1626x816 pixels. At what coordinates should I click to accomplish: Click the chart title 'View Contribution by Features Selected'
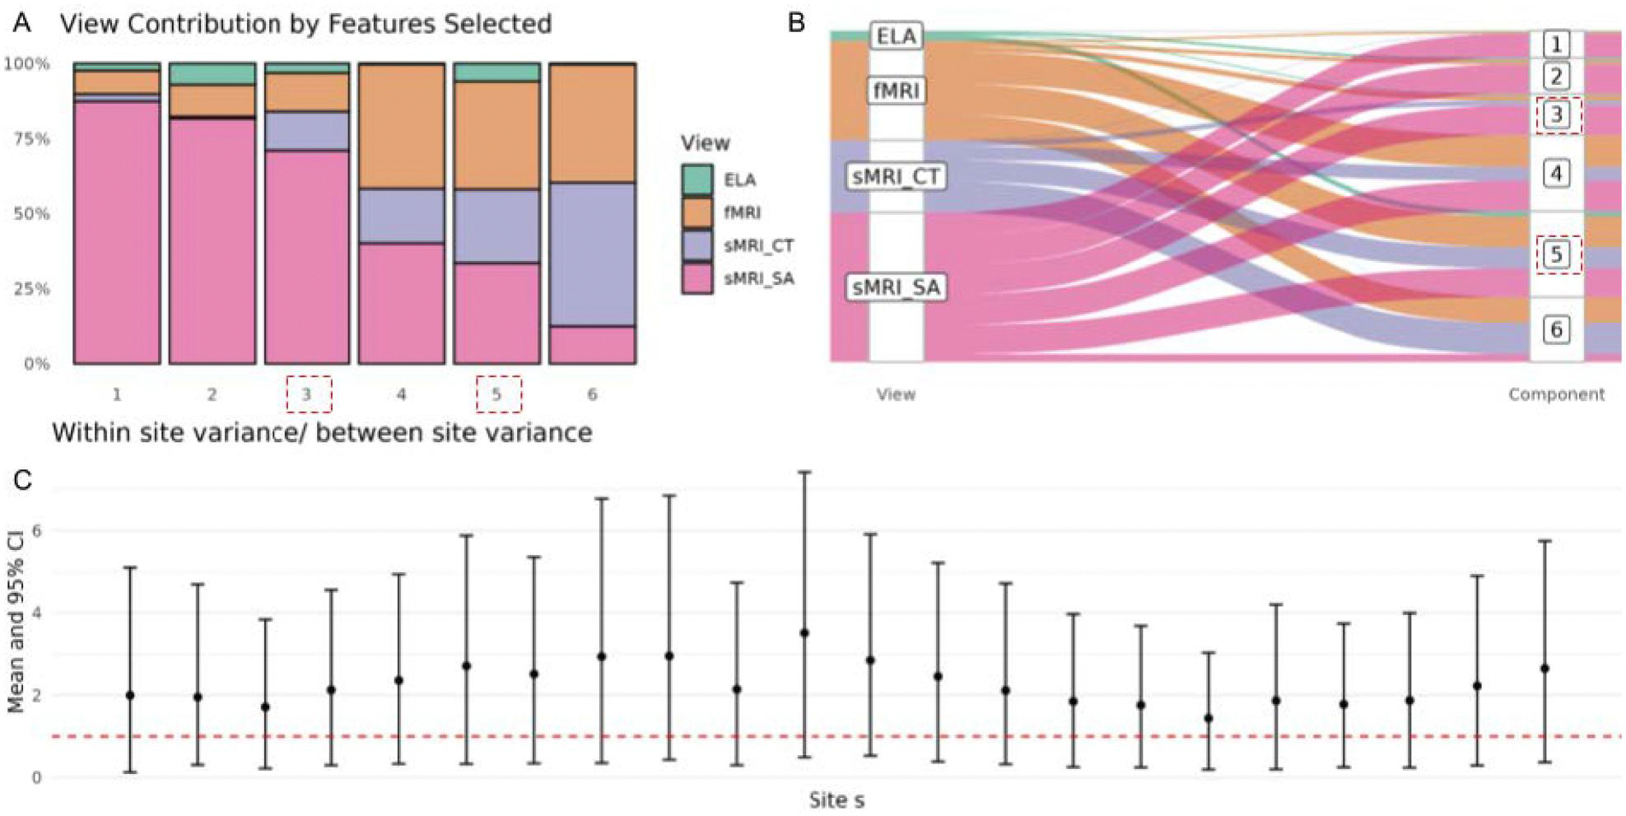pos(305,24)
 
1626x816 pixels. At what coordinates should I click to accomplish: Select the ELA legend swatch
pos(697,180)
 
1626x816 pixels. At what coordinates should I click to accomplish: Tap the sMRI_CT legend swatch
pos(697,245)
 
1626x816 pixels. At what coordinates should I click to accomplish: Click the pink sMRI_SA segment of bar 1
pos(117,232)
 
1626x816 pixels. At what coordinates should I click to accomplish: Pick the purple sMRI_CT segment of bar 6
pos(592,254)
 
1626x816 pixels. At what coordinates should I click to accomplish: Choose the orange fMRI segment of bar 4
pos(402,127)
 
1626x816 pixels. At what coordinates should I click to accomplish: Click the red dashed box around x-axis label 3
pos(309,394)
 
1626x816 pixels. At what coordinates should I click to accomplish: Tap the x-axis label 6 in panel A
pos(592,394)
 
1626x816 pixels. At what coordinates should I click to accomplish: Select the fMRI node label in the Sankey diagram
pos(896,90)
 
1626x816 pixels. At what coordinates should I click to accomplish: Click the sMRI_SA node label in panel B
pos(896,287)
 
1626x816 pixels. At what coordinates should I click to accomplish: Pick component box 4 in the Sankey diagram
pos(1556,174)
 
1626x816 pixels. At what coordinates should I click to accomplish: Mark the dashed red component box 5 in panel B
pos(1556,254)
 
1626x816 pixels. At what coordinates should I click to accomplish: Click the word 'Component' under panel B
pos(1556,394)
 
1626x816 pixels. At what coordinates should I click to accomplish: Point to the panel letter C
pos(22,479)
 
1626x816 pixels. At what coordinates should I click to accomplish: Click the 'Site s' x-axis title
pos(836,800)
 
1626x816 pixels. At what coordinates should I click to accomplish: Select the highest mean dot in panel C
pos(804,633)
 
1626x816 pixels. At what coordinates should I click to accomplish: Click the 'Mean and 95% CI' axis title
pos(16,625)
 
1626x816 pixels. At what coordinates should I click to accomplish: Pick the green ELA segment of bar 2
pos(212,74)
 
